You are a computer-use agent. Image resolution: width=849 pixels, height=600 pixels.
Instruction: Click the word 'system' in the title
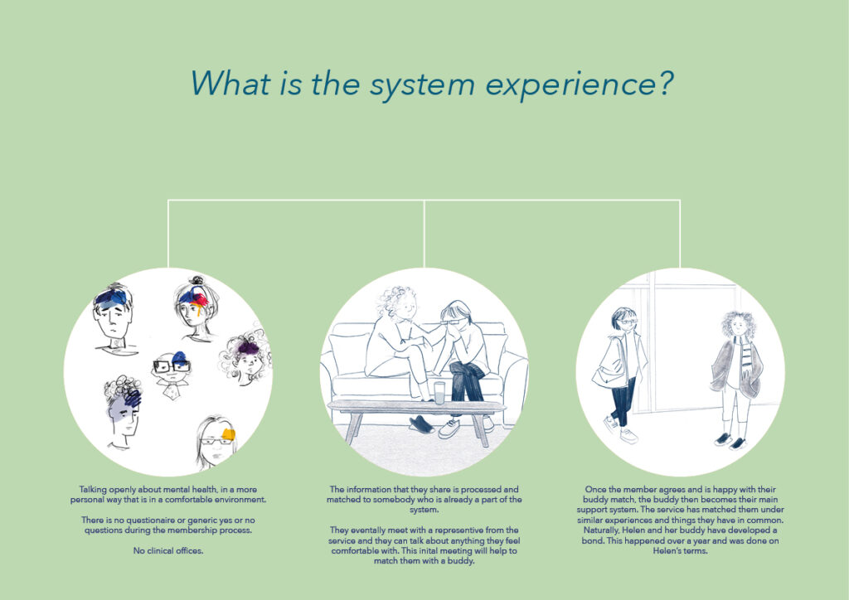(x=422, y=85)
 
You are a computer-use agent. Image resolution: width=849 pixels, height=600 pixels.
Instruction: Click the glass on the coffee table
(x=439, y=392)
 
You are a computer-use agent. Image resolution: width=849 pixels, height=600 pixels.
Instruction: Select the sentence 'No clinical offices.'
(x=167, y=551)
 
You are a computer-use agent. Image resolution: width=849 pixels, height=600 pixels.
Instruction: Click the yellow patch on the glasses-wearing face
(x=228, y=434)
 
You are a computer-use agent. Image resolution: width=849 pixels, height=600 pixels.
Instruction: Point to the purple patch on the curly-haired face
(x=248, y=347)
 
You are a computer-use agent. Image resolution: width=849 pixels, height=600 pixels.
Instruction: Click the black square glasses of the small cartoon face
(x=171, y=366)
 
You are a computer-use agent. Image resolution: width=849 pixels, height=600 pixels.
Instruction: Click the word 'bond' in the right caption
(x=592, y=540)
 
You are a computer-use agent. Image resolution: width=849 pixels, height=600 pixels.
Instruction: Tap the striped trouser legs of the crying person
(x=466, y=382)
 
